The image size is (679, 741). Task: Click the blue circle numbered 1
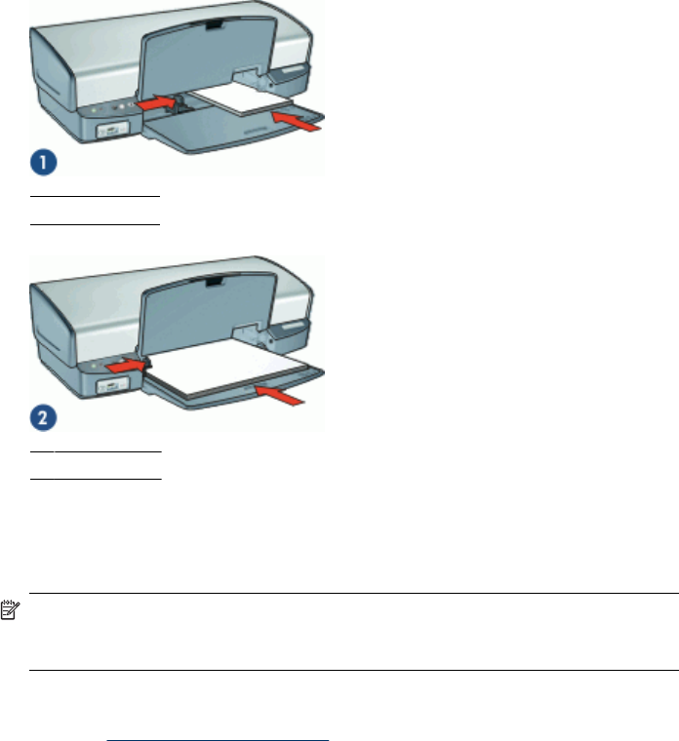(x=44, y=163)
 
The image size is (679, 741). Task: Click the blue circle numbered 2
(x=44, y=417)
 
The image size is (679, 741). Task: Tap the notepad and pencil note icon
(x=10, y=609)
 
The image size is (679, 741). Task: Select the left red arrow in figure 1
(x=155, y=103)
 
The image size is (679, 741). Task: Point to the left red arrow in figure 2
(x=126, y=366)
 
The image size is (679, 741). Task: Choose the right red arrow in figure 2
(x=279, y=395)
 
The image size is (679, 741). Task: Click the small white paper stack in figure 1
(x=242, y=98)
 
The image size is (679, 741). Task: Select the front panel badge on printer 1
(x=112, y=130)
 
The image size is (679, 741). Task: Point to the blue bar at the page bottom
(x=218, y=740)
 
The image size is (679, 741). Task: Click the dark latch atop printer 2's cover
(x=214, y=282)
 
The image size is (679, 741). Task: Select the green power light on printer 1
(x=94, y=110)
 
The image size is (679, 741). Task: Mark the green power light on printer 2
(x=94, y=367)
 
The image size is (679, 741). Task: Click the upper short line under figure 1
(x=95, y=195)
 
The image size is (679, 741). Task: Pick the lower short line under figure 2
(x=96, y=479)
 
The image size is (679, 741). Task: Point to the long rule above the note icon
(x=354, y=593)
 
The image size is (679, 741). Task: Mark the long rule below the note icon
(x=354, y=670)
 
